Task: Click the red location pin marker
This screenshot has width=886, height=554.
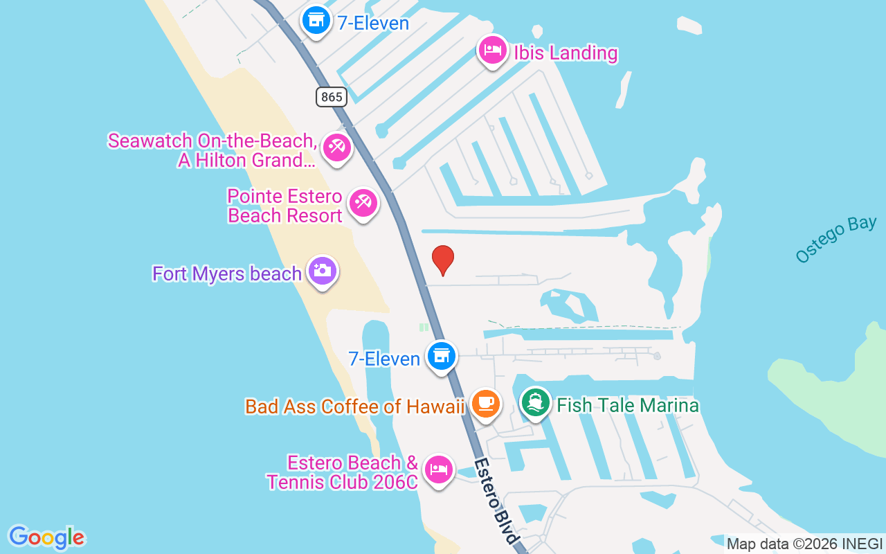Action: pyautogui.click(x=443, y=260)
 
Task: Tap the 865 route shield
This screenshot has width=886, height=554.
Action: pyautogui.click(x=332, y=96)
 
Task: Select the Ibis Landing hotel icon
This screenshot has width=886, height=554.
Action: pyautogui.click(x=493, y=51)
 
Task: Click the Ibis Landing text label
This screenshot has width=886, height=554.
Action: pyautogui.click(x=565, y=53)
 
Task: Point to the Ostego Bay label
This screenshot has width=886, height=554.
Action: pyautogui.click(x=835, y=240)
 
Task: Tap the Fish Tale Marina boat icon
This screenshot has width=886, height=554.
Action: pyautogui.click(x=535, y=403)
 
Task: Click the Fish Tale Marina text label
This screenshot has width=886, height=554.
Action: pyautogui.click(x=627, y=405)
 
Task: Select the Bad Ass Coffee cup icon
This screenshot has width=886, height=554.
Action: pyautogui.click(x=485, y=403)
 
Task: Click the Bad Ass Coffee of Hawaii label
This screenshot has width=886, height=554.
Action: pyautogui.click(x=354, y=406)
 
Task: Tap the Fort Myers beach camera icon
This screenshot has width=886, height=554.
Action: pyautogui.click(x=322, y=271)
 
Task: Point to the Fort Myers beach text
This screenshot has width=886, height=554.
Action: pyautogui.click(x=227, y=274)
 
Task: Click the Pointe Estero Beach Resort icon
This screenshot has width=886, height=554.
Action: pyautogui.click(x=363, y=203)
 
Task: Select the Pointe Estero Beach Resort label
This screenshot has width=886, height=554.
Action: pyautogui.click(x=284, y=206)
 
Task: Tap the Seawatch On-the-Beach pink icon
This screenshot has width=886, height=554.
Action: pyautogui.click(x=337, y=148)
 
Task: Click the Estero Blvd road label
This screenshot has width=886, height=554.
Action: pyautogui.click(x=496, y=500)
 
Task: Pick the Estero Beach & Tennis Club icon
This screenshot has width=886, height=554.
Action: pyautogui.click(x=438, y=470)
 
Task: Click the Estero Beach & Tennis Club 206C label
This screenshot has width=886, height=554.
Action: pyautogui.click(x=343, y=472)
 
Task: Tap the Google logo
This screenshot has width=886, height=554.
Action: pyautogui.click(x=46, y=537)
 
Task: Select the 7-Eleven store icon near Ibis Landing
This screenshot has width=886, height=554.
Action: pyautogui.click(x=316, y=21)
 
